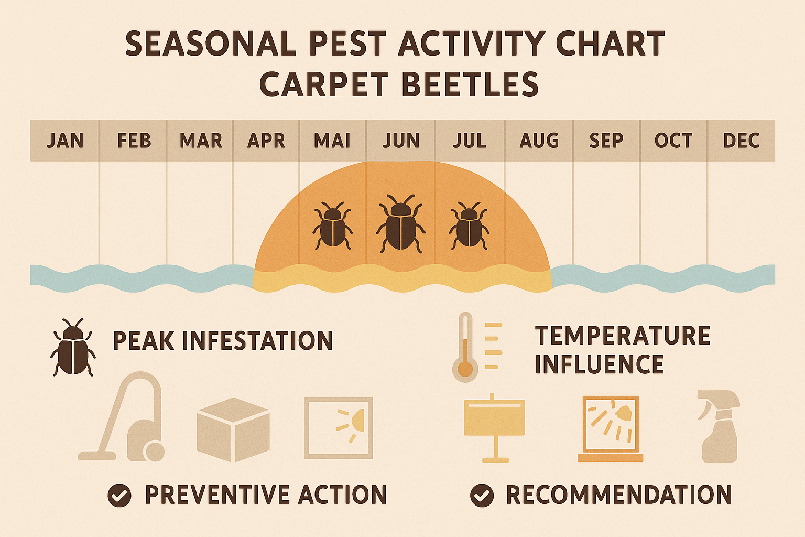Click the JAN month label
[65, 141]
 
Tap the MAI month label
[332, 141]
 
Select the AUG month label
[539, 141]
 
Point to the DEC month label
[741, 141]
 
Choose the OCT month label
[673, 141]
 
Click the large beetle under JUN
[401, 223]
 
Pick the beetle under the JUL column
[469, 225]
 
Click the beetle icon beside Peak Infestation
[73, 347]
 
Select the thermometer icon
[465, 347]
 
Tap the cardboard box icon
[233, 429]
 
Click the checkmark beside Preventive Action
[119, 495]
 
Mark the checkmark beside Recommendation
[482, 495]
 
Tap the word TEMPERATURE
[623, 336]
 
